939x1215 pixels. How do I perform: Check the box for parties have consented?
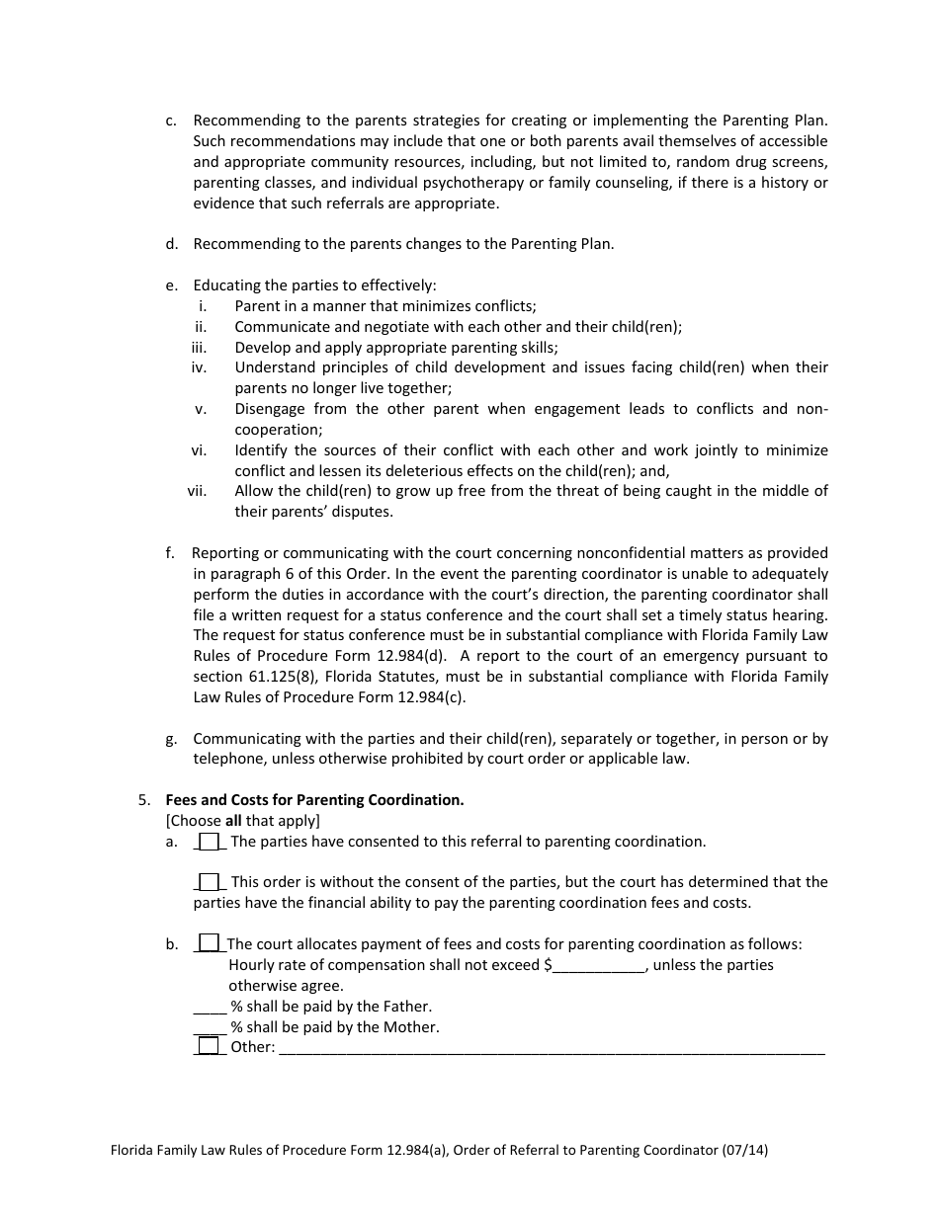[209, 842]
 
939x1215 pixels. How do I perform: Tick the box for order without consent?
[209, 881]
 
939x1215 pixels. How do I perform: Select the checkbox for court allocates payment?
[209, 943]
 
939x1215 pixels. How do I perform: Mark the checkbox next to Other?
[209, 1046]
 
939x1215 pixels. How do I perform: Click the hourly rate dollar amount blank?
[598, 965]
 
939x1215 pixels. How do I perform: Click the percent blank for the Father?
[210, 1007]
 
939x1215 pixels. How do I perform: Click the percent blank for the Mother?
[210, 1027]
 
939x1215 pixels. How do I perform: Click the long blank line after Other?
[552, 1048]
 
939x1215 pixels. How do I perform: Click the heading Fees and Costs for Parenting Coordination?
[314, 800]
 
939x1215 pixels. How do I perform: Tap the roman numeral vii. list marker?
[198, 491]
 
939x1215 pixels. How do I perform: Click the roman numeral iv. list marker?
[199, 367]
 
